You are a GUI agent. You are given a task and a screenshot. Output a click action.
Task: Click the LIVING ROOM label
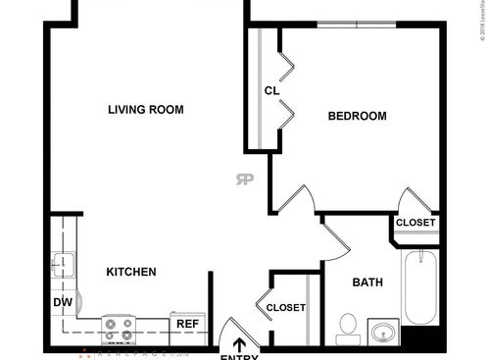pyautogui.click(x=145, y=110)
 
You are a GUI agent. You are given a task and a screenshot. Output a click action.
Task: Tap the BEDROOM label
pyautogui.click(x=357, y=116)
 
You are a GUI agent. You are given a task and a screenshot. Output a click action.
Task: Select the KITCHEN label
pyautogui.click(x=130, y=272)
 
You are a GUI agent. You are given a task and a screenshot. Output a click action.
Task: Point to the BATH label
pyautogui.click(x=367, y=283)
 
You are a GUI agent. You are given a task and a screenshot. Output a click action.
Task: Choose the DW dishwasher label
pyautogui.click(x=62, y=303)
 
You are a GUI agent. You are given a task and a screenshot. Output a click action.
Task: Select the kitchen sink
pyautogui.click(x=63, y=266)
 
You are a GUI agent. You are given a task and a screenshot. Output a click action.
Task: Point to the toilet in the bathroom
pyautogui.click(x=348, y=328)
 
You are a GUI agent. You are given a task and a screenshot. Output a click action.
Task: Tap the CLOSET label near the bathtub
pyautogui.click(x=416, y=223)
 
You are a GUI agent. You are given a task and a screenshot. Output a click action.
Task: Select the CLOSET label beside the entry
pyautogui.click(x=286, y=307)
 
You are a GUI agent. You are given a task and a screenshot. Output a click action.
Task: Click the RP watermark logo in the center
pyautogui.click(x=244, y=179)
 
